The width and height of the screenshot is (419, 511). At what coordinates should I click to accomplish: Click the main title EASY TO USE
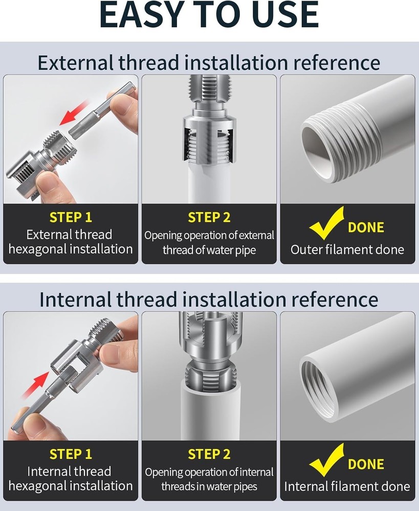coord(209,15)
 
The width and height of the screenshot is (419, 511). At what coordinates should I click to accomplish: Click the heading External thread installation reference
coord(209,63)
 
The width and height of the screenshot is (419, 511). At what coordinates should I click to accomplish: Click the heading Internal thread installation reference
coord(209,299)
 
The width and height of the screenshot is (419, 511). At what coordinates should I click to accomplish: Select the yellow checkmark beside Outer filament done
coord(326,223)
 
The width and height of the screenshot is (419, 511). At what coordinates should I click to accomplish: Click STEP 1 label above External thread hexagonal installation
coord(71,217)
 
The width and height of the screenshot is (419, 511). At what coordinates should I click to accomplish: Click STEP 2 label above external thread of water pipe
coord(209,217)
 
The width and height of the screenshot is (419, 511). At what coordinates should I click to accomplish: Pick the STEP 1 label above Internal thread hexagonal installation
coord(71,454)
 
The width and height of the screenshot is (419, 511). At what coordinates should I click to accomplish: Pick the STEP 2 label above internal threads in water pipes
coord(209,454)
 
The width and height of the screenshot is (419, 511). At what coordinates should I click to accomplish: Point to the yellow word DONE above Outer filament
coord(366,227)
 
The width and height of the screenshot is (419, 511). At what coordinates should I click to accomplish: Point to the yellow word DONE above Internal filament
coord(366,464)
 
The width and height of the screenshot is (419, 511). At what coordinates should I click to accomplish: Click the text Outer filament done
coord(347,249)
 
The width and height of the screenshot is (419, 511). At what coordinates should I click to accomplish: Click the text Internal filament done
coord(347,486)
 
